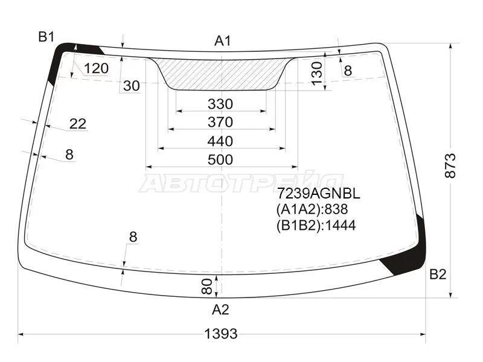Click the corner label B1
click(46, 37)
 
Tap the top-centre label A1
click(222, 40)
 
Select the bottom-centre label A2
click(220, 310)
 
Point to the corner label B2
click(438, 274)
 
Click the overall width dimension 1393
click(221, 334)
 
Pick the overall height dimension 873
click(450, 165)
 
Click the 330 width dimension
click(220, 104)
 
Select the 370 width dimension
click(220, 122)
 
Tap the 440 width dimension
click(220, 141)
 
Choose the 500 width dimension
click(220, 160)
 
